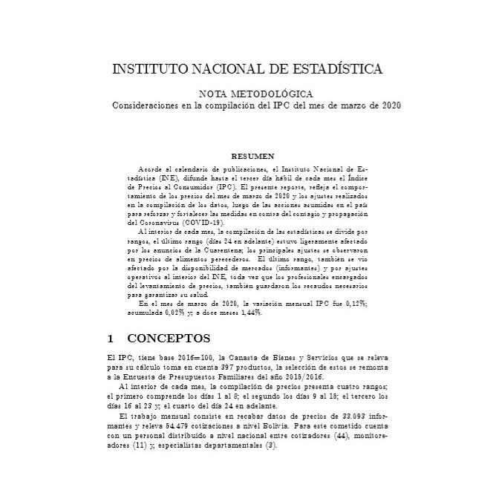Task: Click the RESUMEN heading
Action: [x=253, y=157]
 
